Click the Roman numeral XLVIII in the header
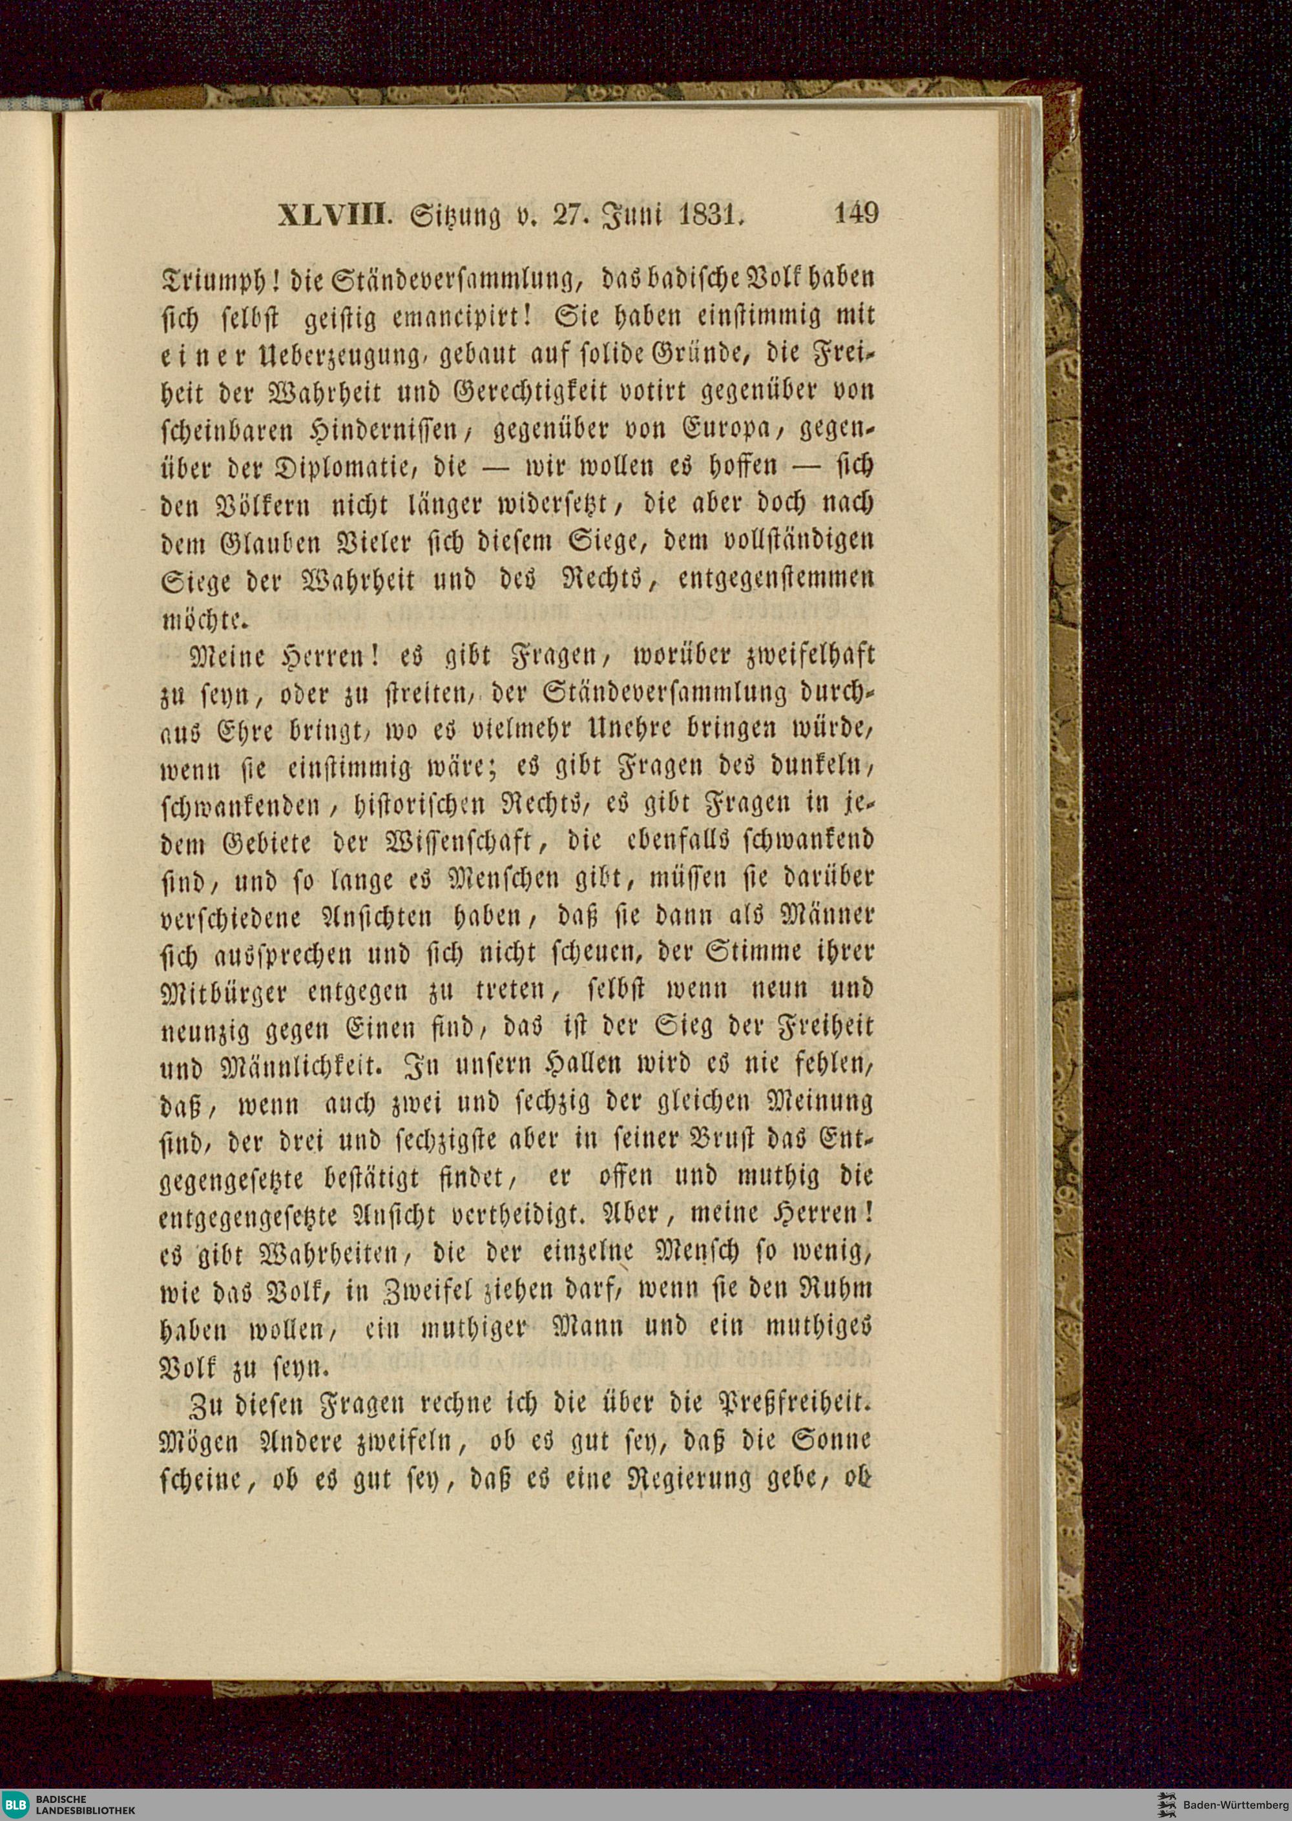tap(334, 216)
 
